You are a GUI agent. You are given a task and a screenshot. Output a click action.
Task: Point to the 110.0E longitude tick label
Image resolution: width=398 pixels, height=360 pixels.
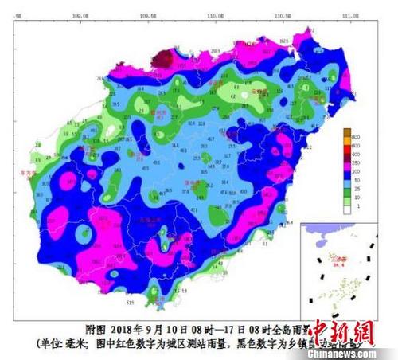[x=213, y=15]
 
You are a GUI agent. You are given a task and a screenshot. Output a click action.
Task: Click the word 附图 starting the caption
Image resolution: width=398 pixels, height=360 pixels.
[x=94, y=327]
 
